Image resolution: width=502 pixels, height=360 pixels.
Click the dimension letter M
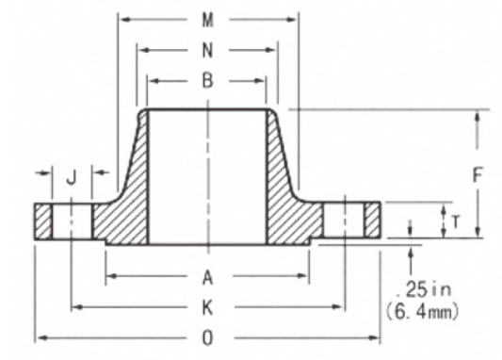tap(208, 21)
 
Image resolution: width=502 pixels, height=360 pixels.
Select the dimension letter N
tap(208, 51)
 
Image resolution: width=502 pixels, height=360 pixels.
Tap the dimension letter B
tap(208, 81)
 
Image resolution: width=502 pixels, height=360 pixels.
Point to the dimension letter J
tap(72, 178)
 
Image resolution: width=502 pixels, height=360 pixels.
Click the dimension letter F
tap(478, 175)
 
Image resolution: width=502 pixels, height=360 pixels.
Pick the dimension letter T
tap(456, 221)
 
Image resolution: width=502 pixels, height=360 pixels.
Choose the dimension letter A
tap(208, 277)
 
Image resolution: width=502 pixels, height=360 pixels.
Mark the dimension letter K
tap(208, 308)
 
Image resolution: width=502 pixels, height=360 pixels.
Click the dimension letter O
tap(208, 338)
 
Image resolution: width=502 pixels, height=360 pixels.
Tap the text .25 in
tap(424, 289)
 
